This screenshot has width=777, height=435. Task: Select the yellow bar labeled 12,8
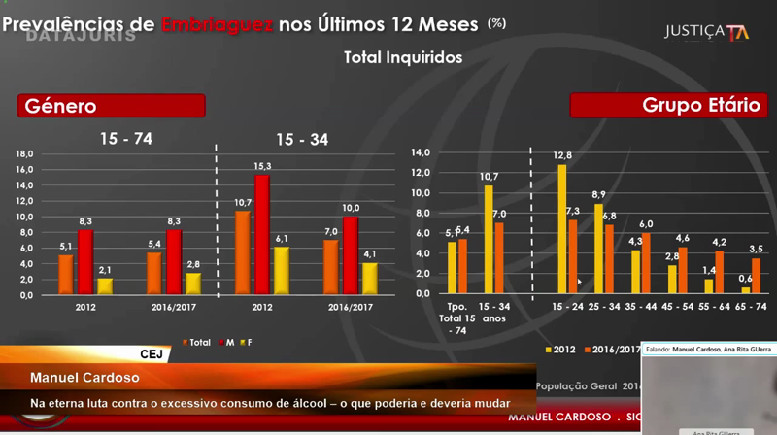[561, 229]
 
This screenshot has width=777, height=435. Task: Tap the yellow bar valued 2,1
[105, 286]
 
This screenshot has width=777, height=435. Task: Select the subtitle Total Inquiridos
[402, 58]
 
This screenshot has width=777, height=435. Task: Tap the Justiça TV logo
[705, 31]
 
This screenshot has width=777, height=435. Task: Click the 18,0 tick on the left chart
[23, 153]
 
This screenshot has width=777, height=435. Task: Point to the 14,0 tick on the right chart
[420, 152]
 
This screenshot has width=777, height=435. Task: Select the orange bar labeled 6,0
[646, 263]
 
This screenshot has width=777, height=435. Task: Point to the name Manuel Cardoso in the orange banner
[70, 377]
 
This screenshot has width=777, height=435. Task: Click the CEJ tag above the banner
[152, 354]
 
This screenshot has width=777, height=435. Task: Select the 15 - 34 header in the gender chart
[302, 140]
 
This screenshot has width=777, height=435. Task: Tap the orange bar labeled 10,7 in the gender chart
[243, 252]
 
